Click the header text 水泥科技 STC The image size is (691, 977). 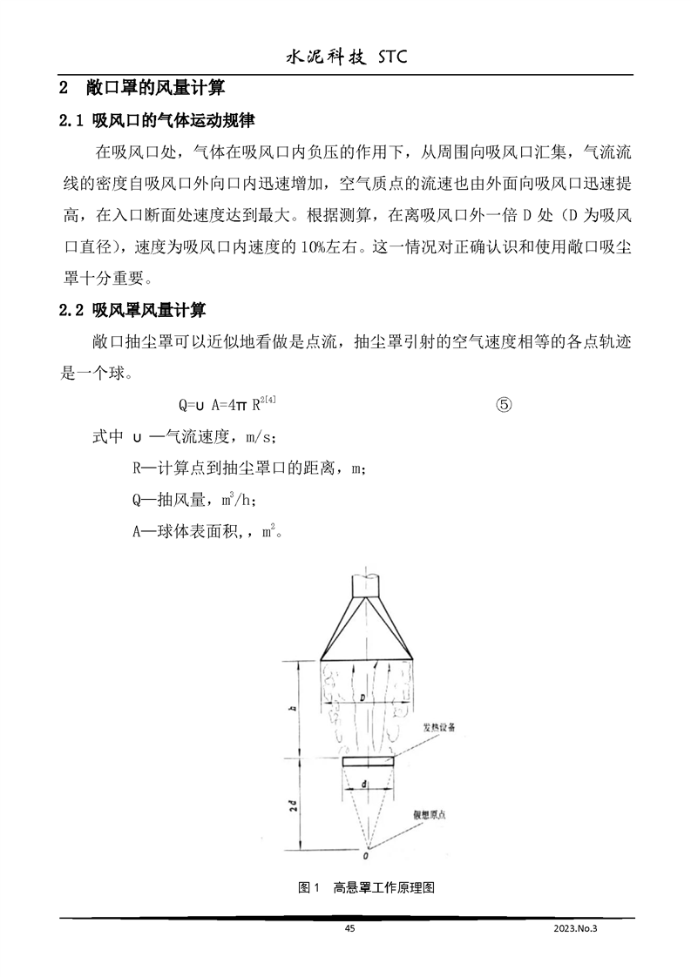(346, 57)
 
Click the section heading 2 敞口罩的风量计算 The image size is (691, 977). (141, 88)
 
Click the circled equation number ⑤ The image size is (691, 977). (505, 405)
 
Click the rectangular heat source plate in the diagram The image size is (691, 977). (368, 761)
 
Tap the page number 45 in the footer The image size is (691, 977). (349, 929)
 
